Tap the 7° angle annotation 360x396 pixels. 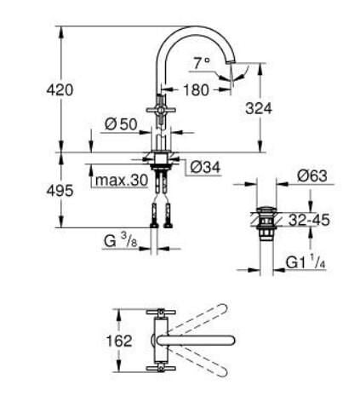201,63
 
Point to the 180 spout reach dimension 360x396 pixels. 197,88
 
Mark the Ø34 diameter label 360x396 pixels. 203,166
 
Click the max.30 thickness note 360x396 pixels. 120,181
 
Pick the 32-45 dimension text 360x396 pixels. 309,219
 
